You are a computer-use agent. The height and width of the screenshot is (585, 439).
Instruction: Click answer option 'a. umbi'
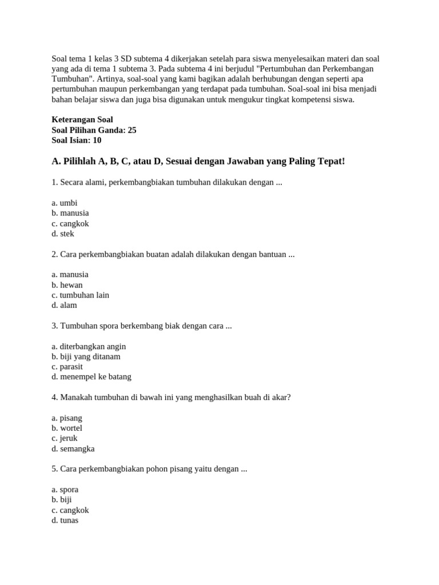pyautogui.click(x=64, y=203)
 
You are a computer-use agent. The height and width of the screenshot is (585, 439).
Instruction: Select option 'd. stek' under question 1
pyautogui.click(x=63, y=234)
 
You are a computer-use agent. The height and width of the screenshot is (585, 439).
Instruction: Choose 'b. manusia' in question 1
pyautogui.click(x=70, y=213)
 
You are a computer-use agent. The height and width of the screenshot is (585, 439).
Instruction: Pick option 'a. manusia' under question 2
pyautogui.click(x=70, y=274)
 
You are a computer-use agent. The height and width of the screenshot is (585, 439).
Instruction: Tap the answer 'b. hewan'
pyautogui.click(x=67, y=285)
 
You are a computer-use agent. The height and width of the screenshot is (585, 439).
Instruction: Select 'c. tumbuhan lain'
pyautogui.click(x=80, y=295)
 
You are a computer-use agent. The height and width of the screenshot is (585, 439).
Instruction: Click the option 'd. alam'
pyautogui.click(x=64, y=305)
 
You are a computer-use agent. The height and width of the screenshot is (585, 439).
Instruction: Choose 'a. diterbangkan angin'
pyautogui.click(x=88, y=346)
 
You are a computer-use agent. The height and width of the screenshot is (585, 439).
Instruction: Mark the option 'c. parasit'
pyautogui.click(x=67, y=366)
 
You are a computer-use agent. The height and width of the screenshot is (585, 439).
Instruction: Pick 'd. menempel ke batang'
pyautogui.click(x=91, y=376)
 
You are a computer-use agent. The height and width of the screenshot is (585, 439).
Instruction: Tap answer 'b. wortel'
pyautogui.click(x=67, y=428)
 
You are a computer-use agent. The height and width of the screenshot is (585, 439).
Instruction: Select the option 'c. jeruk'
pyautogui.click(x=64, y=438)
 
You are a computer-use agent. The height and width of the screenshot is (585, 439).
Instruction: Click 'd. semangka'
pyautogui.click(x=73, y=448)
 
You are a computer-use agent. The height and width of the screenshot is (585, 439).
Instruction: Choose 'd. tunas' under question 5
pyautogui.click(x=65, y=520)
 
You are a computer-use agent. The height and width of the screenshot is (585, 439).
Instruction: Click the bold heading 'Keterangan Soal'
pyautogui.click(x=82, y=119)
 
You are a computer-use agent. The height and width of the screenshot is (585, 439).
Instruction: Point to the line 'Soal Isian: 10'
pyautogui.click(x=77, y=140)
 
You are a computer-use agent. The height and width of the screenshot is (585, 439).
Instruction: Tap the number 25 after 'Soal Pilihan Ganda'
pyautogui.click(x=131, y=130)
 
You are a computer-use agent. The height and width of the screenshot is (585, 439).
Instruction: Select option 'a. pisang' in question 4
pyautogui.click(x=67, y=418)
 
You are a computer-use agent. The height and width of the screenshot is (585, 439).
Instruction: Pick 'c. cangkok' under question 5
pyautogui.click(x=70, y=510)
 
